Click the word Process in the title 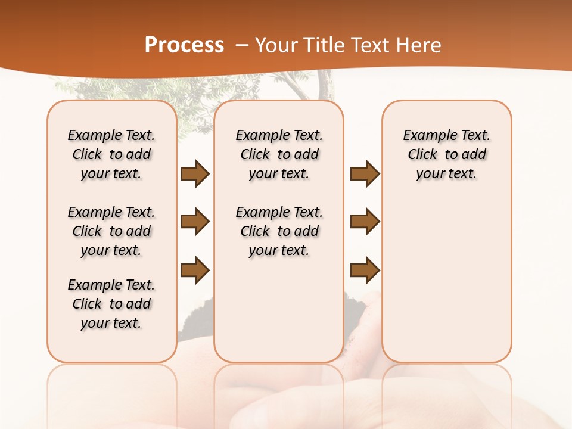pos(184,45)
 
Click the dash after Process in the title pos(241,46)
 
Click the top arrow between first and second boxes pos(195,174)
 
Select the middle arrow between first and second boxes pos(195,222)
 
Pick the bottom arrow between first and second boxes pos(195,271)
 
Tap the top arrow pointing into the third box pos(365,174)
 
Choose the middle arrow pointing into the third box pos(365,222)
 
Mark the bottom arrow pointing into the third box pos(365,271)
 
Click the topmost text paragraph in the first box pos(111,154)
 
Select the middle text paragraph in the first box pos(111,231)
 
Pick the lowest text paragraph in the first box pos(111,304)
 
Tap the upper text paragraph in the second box pos(279,154)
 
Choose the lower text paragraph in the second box pos(279,231)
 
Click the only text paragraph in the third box pos(446,154)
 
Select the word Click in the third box pos(422,155)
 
